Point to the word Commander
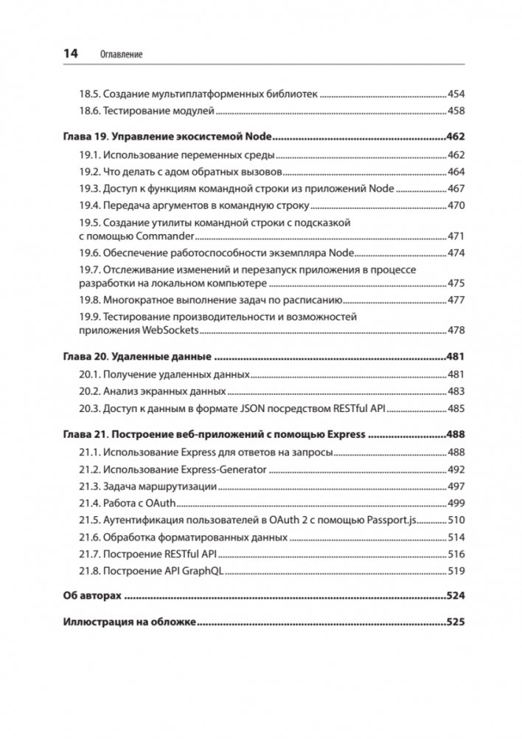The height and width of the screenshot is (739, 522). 165,236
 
